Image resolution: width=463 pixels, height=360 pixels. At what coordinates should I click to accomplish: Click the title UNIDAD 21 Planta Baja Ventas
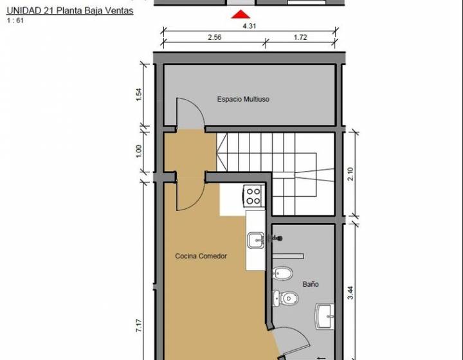click(70, 11)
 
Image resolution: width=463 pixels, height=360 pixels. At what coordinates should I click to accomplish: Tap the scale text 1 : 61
click(15, 21)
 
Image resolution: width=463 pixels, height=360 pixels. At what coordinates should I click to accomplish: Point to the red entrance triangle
click(241, 14)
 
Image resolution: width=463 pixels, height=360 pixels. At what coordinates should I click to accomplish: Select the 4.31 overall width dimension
click(250, 26)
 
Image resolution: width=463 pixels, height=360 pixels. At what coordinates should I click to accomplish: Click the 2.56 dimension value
click(214, 37)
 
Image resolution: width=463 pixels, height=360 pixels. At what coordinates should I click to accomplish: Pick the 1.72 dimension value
click(300, 37)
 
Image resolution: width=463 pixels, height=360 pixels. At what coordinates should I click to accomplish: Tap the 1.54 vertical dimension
click(139, 94)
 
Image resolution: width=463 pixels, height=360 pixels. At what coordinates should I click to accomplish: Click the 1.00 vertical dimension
click(139, 151)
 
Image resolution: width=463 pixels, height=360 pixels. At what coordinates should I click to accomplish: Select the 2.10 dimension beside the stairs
click(350, 174)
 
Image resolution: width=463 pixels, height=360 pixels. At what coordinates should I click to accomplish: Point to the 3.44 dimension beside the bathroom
click(350, 292)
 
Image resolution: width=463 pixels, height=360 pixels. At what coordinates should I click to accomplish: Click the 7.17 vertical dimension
click(139, 326)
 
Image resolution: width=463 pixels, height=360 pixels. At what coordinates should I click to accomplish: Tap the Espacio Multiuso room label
click(243, 99)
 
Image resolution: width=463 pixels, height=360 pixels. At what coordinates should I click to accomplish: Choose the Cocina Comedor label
click(201, 256)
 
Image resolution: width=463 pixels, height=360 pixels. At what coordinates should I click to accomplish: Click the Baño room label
click(311, 284)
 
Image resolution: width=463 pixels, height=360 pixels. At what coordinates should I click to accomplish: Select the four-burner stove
click(253, 196)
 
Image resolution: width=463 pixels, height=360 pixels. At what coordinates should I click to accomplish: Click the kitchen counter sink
click(256, 240)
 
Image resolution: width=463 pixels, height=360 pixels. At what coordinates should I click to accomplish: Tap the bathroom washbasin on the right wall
click(325, 316)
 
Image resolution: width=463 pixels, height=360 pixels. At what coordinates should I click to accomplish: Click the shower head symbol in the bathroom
click(276, 238)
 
